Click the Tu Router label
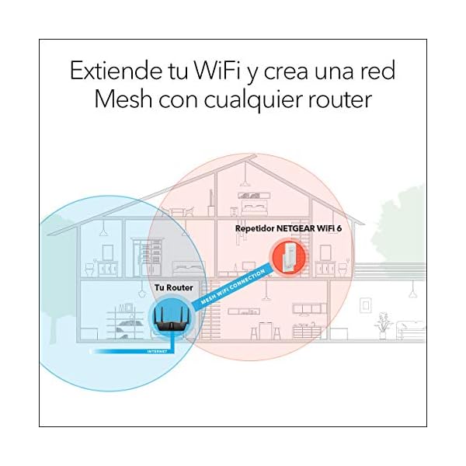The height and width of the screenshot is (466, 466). pos(172,288)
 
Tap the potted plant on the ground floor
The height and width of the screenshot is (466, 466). pos(382,325)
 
